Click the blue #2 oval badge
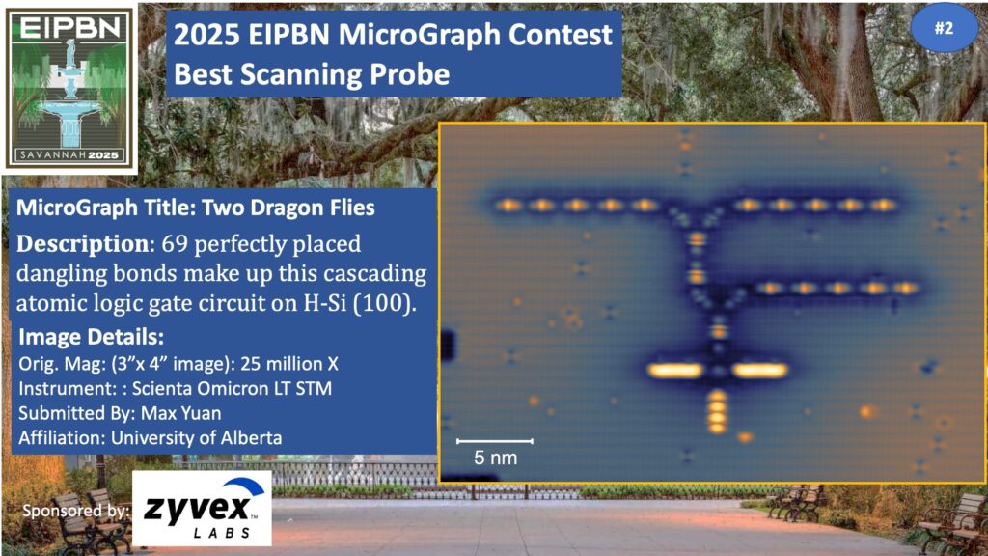(944, 28)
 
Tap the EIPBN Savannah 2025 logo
(69, 88)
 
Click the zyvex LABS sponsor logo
(202, 508)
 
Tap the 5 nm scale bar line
(495, 440)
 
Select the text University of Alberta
(197, 438)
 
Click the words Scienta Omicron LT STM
(232, 388)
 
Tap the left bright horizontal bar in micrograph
(674, 370)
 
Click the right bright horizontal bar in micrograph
(760, 370)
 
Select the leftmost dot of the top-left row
(508, 205)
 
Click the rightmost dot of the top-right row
(884, 205)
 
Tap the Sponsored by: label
(75, 511)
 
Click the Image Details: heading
(92, 337)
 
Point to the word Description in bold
(83, 244)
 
